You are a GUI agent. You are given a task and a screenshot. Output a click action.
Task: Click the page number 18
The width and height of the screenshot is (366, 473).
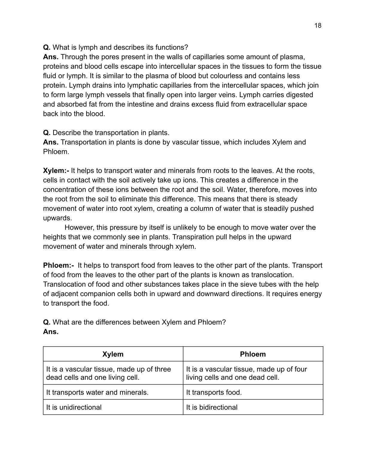(318, 25)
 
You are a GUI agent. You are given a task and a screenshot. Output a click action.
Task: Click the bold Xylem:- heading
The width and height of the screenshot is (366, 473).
(56, 171)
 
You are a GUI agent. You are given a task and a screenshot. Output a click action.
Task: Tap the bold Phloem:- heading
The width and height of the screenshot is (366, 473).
(58, 265)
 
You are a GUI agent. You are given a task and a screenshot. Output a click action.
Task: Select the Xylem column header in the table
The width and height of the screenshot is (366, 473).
(113, 354)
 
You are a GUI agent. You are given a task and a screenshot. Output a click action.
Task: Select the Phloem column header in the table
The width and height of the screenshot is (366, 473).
(253, 354)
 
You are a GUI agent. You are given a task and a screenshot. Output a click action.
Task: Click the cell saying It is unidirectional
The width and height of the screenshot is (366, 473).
(74, 407)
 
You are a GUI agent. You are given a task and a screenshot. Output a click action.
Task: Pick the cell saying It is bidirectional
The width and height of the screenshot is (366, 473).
(212, 407)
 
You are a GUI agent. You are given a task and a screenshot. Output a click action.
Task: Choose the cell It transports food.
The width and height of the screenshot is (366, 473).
(214, 392)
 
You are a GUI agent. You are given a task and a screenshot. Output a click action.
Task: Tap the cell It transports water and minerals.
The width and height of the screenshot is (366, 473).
(97, 392)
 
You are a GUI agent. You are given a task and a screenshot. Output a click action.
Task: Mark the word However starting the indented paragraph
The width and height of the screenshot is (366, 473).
(78, 228)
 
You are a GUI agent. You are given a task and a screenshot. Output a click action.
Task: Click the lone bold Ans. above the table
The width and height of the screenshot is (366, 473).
(51, 332)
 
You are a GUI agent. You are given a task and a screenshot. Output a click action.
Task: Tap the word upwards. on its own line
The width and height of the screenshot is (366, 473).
(57, 218)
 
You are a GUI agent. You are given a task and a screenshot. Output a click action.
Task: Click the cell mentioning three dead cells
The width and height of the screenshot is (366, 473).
(108, 373)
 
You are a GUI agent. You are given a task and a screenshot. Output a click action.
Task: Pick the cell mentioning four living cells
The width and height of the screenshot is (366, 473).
(246, 373)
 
